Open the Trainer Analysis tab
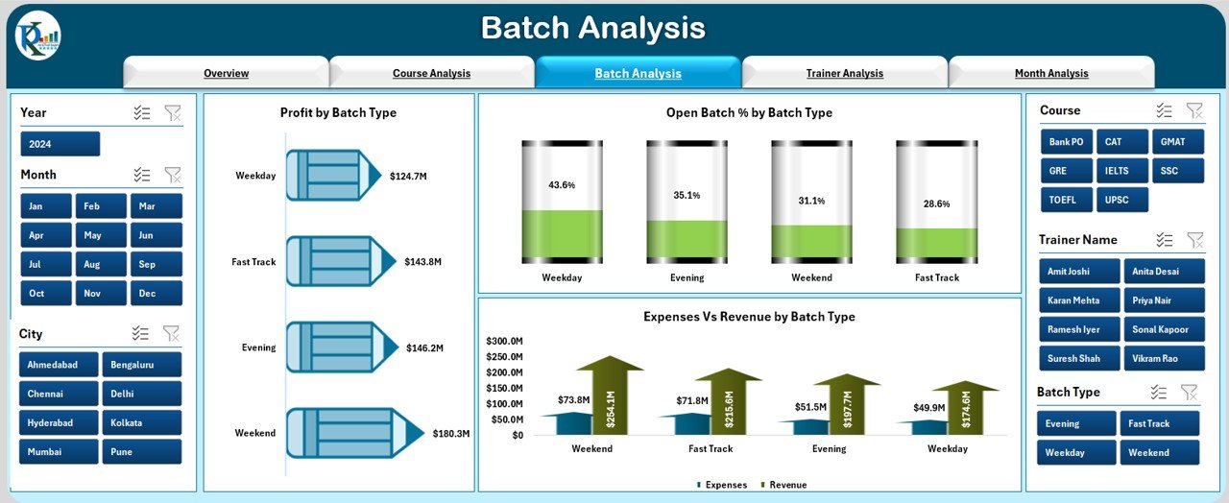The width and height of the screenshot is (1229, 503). pos(844,73)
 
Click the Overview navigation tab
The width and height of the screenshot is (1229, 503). pos(226,73)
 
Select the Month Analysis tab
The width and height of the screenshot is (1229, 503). pos(1051,73)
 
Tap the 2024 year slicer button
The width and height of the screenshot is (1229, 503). pos(60,144)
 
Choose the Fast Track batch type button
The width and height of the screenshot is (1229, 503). pos(1162,423)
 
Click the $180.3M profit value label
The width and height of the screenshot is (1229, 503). pos(450,434)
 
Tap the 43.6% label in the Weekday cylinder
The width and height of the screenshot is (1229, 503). pos(562,184)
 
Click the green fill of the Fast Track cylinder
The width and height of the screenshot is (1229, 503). pos(936,244)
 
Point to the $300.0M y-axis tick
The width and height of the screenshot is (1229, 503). pos(504,341)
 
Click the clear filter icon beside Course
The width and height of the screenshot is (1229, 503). pos(1194,110)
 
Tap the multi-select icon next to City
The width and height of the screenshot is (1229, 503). pos(141,333)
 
